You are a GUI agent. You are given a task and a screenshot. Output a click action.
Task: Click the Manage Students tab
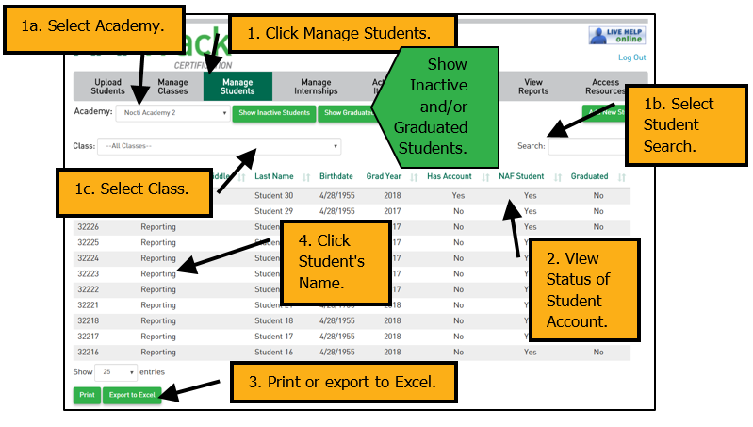[x=237, y=87]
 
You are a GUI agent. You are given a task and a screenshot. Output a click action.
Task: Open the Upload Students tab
[x=108, y=87]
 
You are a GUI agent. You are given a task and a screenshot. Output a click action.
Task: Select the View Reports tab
[x=532, y=87]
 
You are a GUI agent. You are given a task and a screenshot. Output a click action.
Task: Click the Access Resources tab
[x=606, y=87]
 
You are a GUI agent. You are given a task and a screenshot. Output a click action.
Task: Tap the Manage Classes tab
[x=172, y=87]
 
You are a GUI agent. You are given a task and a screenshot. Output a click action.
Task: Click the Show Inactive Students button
[x=273, y=113]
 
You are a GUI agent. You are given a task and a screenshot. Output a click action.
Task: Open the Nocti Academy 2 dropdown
[x=172, y=113]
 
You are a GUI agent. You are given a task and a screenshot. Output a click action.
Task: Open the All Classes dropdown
[x=222, y=146]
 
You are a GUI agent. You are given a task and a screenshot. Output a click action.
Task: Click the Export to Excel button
[x=131, y=395]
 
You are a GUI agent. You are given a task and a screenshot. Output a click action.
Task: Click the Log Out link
[x=631, y=57]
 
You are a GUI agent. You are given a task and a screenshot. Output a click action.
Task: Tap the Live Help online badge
[x=616, y=36]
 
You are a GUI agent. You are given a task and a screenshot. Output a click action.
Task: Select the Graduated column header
[x=590, y=176]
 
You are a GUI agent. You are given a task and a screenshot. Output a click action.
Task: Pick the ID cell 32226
[x=88, y=227]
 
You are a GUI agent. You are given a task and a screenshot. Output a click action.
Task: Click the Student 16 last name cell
[x=274, y=352]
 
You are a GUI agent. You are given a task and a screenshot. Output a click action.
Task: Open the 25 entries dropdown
[x=117, y=372]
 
